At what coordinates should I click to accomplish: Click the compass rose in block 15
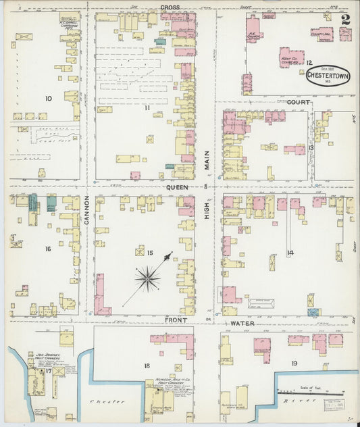coord(148,277)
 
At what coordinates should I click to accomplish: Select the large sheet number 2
coord(346,20)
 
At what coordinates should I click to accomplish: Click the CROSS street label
coord(170,7)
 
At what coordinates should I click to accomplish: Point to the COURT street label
coord(298,102)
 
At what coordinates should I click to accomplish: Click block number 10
coord(48,99)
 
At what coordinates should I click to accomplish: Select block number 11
coord(146,107)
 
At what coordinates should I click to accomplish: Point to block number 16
coord(48,249)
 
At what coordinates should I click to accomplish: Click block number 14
coord(290,253)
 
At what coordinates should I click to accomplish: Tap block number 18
coord(146,366)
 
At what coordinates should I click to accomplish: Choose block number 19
coord(294,363)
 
